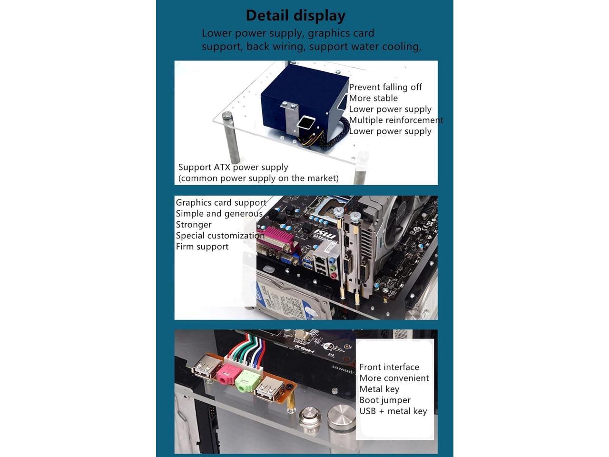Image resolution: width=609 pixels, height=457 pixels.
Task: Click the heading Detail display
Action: point(295,16)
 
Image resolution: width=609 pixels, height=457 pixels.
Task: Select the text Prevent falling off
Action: point(385,87)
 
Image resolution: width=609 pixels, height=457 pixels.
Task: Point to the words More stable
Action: point(373,98)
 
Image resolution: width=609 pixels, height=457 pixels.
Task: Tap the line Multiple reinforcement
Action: point(396,120)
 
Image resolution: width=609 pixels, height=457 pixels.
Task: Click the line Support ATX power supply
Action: point(233,167)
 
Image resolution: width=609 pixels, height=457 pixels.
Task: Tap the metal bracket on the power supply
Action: point(288,119)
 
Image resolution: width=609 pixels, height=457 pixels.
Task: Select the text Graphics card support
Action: point(221,203)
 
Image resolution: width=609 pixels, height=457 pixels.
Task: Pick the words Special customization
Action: point(220,236)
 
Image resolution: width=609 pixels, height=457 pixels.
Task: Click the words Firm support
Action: point(202,247)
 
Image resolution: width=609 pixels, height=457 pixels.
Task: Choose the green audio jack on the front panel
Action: point(247,380)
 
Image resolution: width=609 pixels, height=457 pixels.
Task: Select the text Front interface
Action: point(389,367)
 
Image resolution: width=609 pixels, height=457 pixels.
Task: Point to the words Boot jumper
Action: point(384,400)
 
